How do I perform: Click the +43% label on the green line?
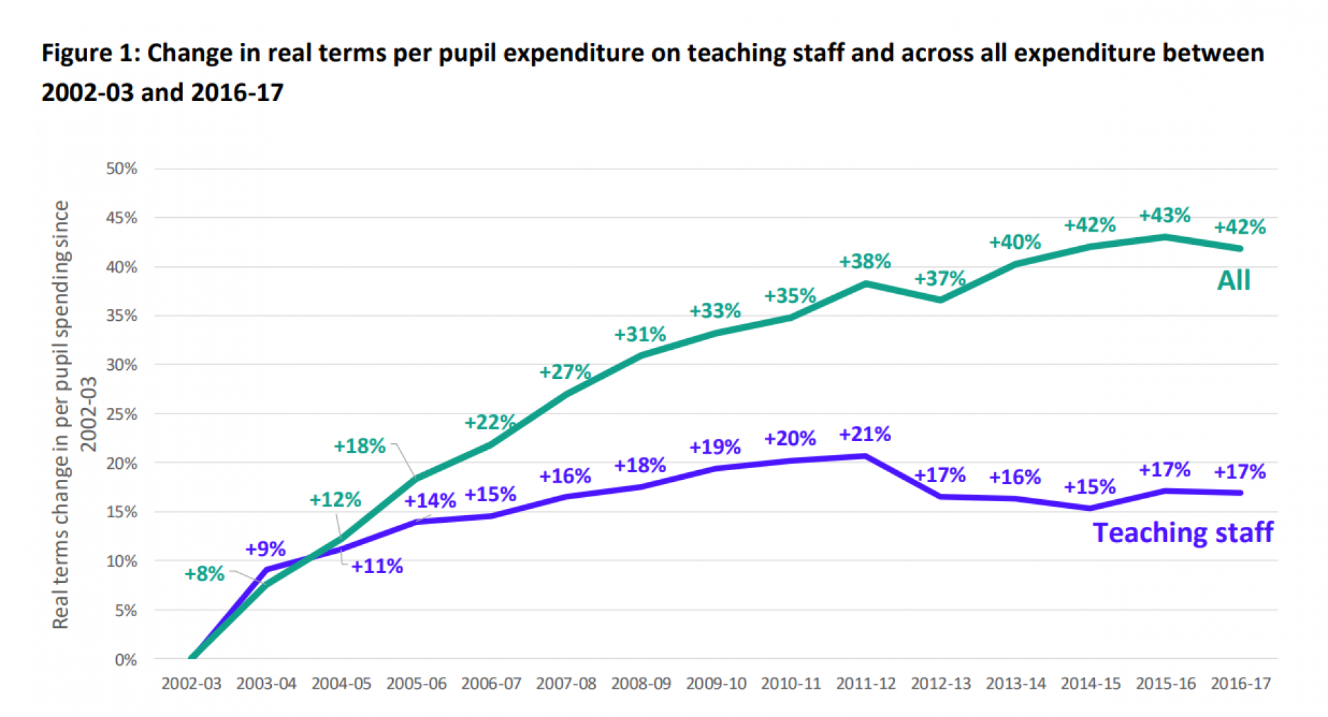(x=1164, y=215)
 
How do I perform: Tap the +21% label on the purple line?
(x=865, y=434)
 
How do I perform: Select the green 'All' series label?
(x=1233, y=280)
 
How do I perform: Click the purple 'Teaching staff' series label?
(x=1182, y=532)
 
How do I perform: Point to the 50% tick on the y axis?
(x=122, y=169)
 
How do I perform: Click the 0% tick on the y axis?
(x=125, y=660)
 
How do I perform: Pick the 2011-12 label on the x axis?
(x=865, y=684)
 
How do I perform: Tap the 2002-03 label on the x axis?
(x=192, y=684)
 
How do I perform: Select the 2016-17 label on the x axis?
(x=1240, y=684)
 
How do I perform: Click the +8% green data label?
(x=204, y=574)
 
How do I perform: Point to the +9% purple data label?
(x=265, y=549)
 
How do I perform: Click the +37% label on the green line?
(x=939, y=279)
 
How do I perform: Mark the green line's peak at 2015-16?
(x=1165, y=237)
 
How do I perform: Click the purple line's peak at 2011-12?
(x=865, y=456)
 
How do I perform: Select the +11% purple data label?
(x=377, y=566)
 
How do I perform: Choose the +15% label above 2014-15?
(x=1089, y=487)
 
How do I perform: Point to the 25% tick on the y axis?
(x=122, y=414)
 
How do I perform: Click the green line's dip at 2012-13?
(x=941, y=300)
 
